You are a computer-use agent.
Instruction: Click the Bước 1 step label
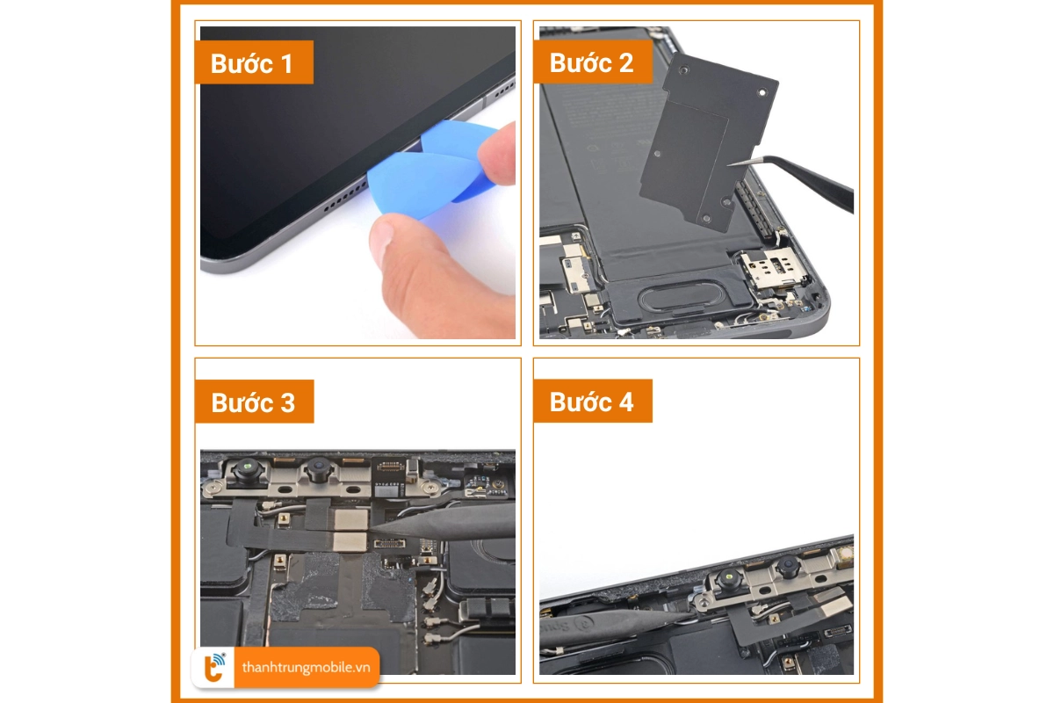coord(253,63)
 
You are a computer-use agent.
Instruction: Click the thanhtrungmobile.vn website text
coord(306,668)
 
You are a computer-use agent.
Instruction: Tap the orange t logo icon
coord(213,668)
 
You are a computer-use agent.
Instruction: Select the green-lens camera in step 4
coord(728,578)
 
